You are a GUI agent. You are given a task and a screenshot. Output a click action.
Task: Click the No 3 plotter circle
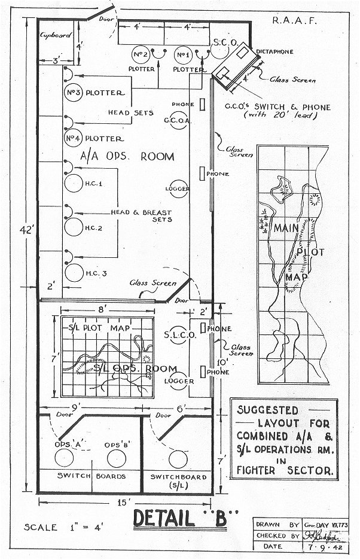click(72, 93)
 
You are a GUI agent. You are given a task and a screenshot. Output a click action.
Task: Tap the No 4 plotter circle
click(72, 138)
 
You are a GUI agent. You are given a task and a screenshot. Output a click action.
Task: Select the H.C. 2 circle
click(73, 228)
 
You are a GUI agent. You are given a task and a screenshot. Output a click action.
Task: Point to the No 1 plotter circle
click(183, 56)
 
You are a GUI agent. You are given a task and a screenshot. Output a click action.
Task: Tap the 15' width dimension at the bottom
click(123, 503)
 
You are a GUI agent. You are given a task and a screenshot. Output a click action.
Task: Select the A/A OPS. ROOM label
click(127, 157)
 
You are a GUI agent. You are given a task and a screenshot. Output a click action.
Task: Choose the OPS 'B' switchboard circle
click(117, 458)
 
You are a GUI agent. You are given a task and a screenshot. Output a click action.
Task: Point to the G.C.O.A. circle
click(178, 120)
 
